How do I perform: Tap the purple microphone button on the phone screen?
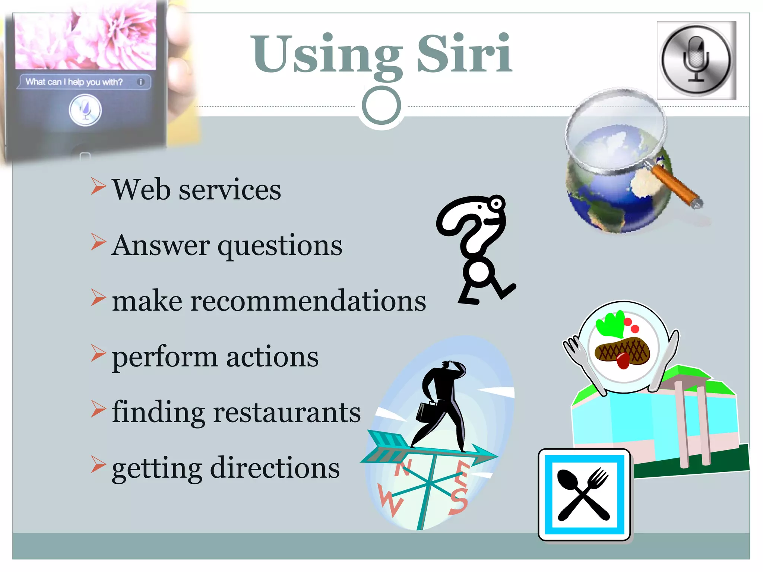click(x=85, y=110)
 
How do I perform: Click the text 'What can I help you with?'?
click(x=74, y=82)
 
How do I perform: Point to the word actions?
click(x=272, y=357)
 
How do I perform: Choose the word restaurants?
click(x=286, y=412)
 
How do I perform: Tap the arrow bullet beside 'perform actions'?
click(x=98, y=353)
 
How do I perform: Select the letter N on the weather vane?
click(x=403, y=468)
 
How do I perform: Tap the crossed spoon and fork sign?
click(x=584, y=494)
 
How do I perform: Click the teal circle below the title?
click(x=381, y=105)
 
